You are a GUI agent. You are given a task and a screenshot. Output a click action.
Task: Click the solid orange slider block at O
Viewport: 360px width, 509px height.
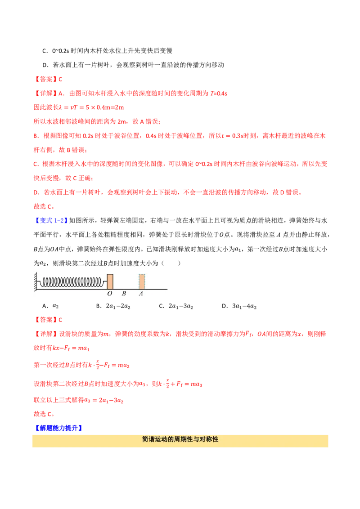coord(110,281)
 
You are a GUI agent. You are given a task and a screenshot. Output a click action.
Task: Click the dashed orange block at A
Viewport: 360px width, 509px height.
coord(142,281)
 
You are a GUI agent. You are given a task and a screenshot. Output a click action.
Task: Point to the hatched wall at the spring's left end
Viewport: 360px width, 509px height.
coord(36,281)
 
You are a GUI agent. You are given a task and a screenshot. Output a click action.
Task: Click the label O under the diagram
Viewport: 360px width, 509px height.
coord(109,294)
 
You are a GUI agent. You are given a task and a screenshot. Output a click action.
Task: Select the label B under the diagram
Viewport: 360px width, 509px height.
coord(124,294)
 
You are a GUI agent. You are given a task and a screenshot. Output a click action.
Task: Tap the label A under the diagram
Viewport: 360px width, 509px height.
coord(141,294)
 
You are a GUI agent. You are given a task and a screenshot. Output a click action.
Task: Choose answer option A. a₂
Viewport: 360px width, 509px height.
coord(50,306)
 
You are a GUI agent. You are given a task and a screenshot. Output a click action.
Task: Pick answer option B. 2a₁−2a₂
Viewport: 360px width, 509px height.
coord(113,306)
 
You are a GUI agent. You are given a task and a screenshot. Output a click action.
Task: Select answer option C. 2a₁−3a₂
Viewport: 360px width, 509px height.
coord(176,306)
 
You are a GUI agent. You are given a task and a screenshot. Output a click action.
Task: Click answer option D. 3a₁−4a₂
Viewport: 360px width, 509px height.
coord(239,306)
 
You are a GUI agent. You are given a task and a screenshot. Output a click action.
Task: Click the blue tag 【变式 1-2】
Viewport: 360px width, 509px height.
coord(51,220)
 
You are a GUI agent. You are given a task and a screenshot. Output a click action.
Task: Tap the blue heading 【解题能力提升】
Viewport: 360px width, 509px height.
coord(58,428)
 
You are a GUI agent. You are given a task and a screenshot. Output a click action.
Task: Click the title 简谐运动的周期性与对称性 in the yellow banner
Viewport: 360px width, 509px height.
coord(180,439)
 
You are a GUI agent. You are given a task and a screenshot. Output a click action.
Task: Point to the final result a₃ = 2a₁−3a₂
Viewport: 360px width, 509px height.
coord(103,400)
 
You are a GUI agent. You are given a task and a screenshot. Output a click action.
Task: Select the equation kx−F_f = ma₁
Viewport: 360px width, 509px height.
coord(71,348)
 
